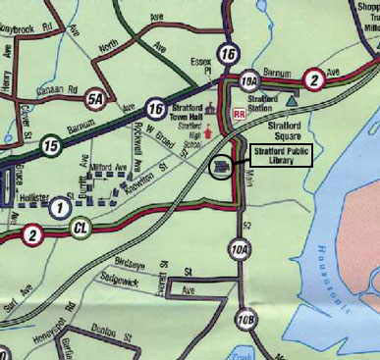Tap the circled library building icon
pos(222,169)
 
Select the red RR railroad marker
pos(238,114)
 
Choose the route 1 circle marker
pos(61,207)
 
